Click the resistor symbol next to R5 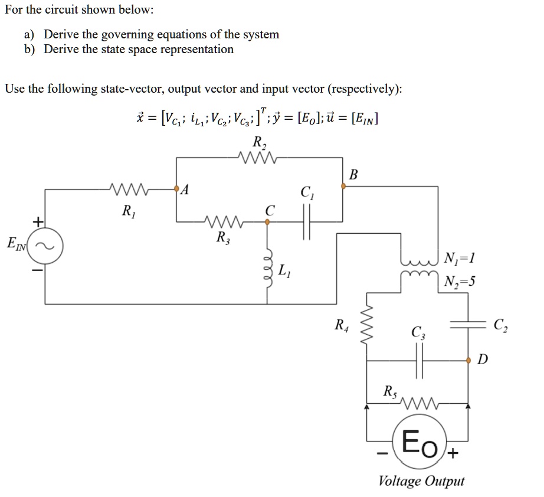420,405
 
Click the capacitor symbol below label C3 421,359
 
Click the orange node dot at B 343,187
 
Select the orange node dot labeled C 268,223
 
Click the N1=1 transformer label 458,257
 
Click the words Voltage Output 421,481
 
